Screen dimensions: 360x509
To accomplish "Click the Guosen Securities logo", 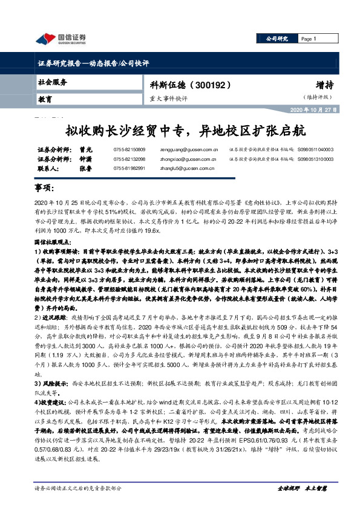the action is tap(61, 39).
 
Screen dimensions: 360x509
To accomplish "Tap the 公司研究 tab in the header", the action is tap(277, 39).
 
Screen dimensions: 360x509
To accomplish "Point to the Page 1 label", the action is tap(309, 39).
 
